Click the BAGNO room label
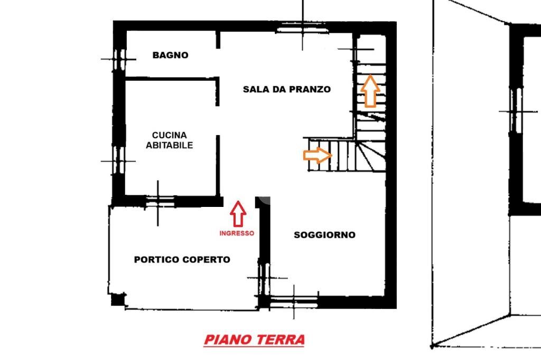170,55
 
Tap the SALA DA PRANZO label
286,89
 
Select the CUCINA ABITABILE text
170,140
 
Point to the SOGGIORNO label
324,235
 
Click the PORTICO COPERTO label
182,260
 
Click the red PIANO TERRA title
254,339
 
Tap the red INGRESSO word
237,233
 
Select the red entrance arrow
238,213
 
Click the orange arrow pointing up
370,91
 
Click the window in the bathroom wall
119,59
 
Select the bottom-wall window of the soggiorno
294,301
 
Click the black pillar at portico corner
118,299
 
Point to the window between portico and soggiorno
264,278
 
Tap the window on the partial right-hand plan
516,111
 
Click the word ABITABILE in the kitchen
170,145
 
